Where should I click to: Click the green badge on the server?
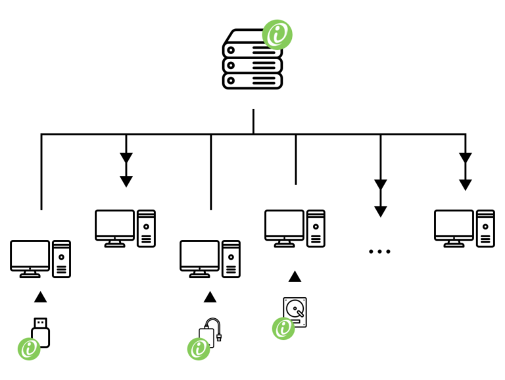point(277,34)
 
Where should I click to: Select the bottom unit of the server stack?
point(252,81)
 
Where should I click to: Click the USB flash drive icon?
point(41,332)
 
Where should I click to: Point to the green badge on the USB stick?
point(29,348)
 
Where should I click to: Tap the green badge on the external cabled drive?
point(199,348)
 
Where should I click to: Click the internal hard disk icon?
point(296,311)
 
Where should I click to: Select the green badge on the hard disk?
point(283,327)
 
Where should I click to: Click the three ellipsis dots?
point(379,251)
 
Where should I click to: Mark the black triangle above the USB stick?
point(40,297)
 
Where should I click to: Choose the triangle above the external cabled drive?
point(210,297)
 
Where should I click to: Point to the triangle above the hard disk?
point(295,277)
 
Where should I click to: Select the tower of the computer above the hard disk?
point(316,228)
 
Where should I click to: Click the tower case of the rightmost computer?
point(485,228)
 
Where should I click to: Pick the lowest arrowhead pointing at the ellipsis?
point(380,211)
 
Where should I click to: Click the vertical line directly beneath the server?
point(253,122)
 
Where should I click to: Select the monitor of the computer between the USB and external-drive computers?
point(114,226)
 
